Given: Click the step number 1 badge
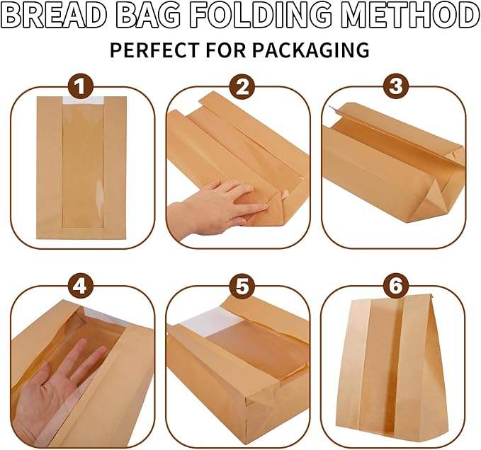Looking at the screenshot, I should coord(84,88).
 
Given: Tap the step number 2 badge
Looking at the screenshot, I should coord(242,88).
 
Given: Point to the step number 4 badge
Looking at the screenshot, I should coord(84,286).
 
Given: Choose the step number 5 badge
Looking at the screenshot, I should coord(242,286).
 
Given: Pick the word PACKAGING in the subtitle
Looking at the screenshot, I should coord(314,50).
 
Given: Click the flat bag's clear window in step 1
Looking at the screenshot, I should coord(84,166).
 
